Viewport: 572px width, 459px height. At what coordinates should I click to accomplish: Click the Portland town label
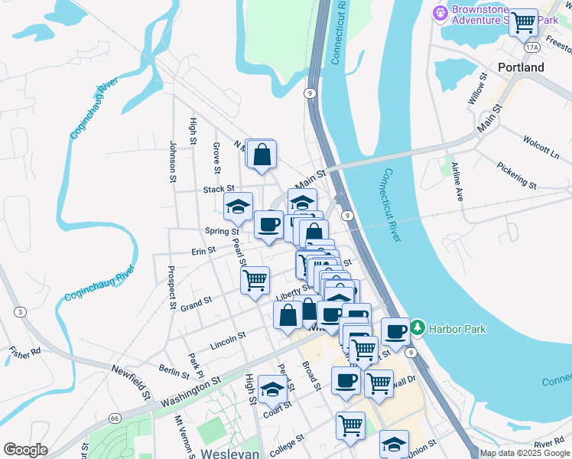(521, 67)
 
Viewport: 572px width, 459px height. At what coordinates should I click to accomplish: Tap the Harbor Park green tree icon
(417, 328)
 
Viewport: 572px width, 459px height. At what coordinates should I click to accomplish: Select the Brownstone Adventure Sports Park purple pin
(440, 13)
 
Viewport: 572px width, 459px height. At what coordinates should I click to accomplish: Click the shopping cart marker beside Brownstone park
(524, 23)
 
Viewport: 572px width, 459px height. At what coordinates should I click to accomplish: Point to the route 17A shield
(532, 47)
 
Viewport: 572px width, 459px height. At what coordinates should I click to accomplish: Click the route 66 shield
(115, 418)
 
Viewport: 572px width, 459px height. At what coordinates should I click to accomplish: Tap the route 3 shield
(20, 311)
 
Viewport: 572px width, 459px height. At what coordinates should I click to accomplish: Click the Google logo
(25, 450)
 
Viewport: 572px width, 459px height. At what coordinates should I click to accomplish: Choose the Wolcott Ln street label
(541, 146)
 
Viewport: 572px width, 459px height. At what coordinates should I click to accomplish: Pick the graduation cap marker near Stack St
(238, 205)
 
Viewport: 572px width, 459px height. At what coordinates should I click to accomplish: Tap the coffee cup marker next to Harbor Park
(395, 331)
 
